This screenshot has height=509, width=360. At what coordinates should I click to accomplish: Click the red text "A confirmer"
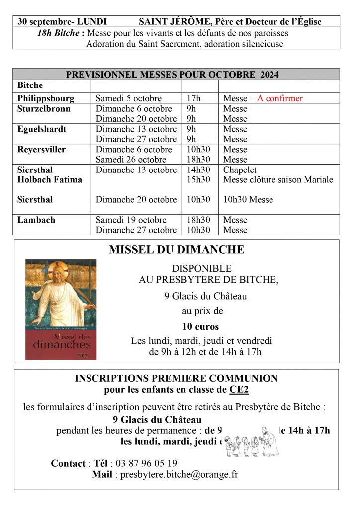click(x=279, y=98)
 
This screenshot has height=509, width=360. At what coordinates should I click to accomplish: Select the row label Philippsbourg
click(x=46, y=98)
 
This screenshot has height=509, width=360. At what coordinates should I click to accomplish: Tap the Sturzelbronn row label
click(x=44, y=109)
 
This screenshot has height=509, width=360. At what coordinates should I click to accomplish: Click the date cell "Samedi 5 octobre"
click(x=129, y=98)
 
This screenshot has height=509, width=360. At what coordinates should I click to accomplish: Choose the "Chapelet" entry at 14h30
click(x=240, y=170)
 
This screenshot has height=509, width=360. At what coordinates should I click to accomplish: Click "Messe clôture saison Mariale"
click(x=278, y=179)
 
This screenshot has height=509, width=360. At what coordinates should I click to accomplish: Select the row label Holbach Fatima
click(x=50, y=179)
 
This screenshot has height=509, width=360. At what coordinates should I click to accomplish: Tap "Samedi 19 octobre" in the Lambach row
click(x=130, y=220)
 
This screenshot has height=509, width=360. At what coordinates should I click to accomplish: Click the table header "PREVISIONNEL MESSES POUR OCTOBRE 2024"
click(x=173, y=75)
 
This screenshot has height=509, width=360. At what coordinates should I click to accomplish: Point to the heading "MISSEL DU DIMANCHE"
click(x=177, y=249)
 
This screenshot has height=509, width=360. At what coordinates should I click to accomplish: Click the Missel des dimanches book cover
click(x=61, y=309)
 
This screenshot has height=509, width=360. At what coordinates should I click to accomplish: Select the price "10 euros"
click(x=200, y=327)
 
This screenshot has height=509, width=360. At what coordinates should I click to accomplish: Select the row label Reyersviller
click(x=41, y=149)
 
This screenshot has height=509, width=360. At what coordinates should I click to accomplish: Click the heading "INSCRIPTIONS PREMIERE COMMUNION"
click(x=176, y=378)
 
